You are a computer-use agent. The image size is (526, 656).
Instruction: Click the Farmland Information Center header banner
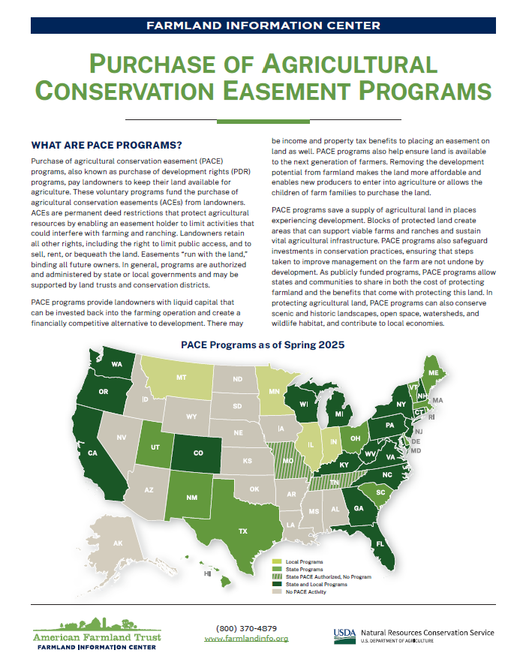pos(263,25)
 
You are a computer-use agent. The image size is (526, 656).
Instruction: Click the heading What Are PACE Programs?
pos(107,145)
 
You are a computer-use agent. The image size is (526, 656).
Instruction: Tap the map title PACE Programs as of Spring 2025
pos(263,345)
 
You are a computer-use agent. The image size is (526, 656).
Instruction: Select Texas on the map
pos(242,530)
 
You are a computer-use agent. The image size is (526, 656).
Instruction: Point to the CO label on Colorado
pos(198,453)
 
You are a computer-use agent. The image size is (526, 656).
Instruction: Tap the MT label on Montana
pos(181,379)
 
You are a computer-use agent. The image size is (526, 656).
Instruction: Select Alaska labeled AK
pos(117,543)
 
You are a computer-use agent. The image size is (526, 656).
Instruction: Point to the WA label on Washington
pos(117,365)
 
